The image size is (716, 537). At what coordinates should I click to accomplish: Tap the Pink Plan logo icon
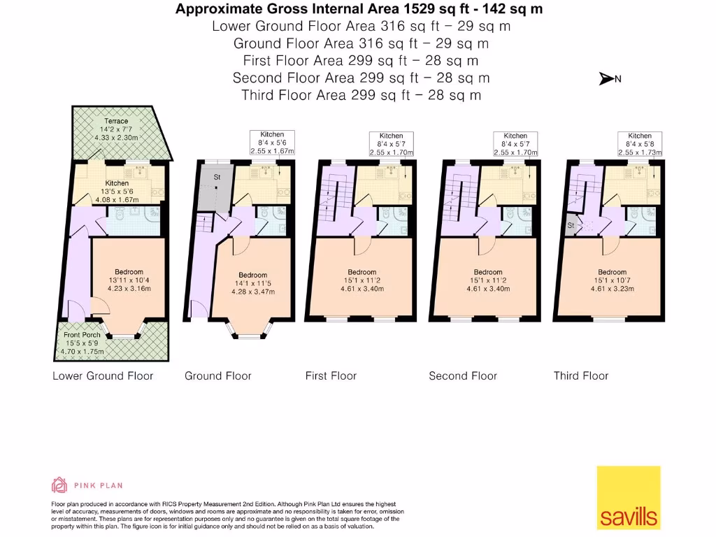pos(59,485)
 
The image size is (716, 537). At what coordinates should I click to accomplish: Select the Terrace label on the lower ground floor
pos(116,122)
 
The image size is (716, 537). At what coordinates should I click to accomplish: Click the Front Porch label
pos(82,335)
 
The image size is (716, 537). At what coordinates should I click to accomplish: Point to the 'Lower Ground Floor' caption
pos(103,375)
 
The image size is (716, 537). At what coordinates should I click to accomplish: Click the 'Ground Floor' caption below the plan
pos(217,375)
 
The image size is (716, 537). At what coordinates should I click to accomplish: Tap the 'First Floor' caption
pos(331,375)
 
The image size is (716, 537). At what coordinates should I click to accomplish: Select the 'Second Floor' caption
pos(463,375)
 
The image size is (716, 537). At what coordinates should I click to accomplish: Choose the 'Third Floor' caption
pos(581,375)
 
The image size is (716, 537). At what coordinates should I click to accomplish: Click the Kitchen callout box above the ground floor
pos(272,142)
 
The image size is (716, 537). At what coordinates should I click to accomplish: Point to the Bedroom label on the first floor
pos(361,272)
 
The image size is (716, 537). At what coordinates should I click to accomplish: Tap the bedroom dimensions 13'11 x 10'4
pos(129,280)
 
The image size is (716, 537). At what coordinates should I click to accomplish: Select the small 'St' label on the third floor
pos(571,226)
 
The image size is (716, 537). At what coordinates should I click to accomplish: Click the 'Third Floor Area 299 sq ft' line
pos(361,95)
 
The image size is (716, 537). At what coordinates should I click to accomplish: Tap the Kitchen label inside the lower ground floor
pos(117,183)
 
